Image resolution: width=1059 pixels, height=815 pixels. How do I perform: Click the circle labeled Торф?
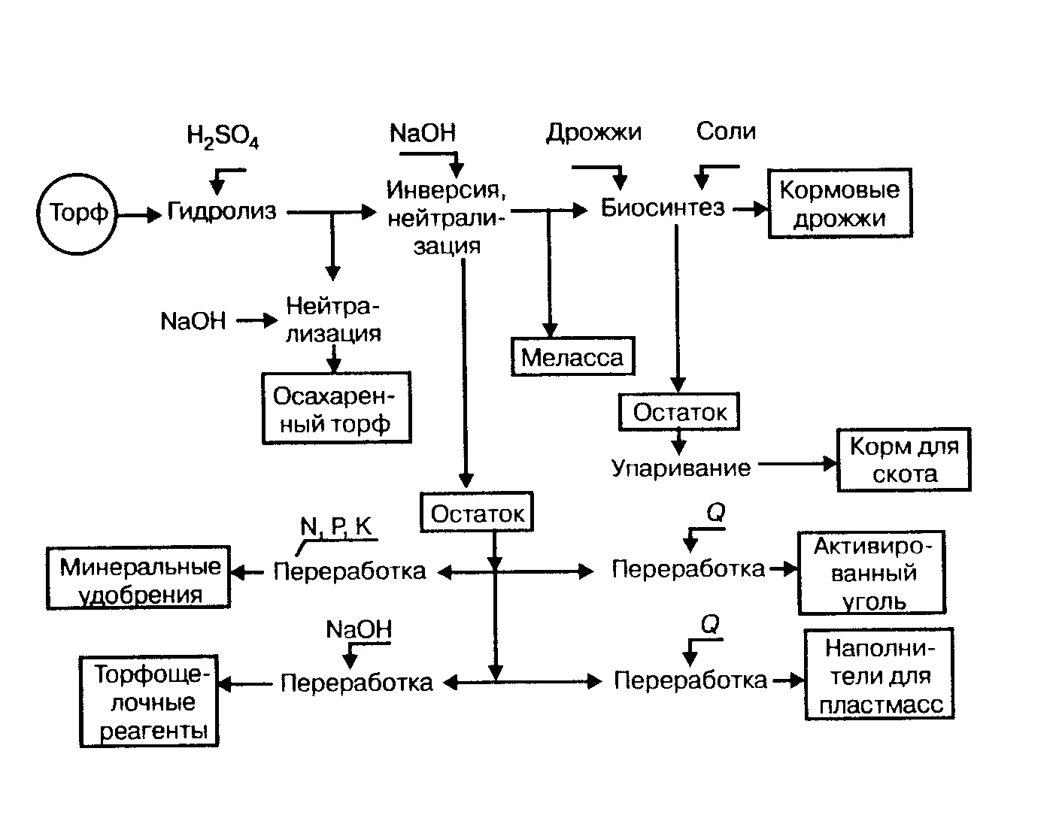pyautogui.click(x=78, y=214)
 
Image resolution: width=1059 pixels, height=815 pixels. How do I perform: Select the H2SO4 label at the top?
pyautogui.click(x=222, y=138)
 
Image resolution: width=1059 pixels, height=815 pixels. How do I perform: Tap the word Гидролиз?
pyautogui.click(x=222, y=212)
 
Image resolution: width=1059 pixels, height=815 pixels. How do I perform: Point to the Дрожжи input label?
pyautogui.click(x=593, y=132)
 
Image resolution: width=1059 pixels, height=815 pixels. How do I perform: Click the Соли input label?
pyautogui.click(x=725, y=132)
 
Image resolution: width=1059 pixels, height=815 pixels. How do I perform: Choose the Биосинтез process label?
pyautogui.click(x=662, y=208)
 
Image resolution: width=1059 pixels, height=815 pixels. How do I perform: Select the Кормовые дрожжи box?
pyautogui.click(x=839, y=204)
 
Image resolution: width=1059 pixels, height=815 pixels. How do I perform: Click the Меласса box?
pyautogui.click(x=572, y=357)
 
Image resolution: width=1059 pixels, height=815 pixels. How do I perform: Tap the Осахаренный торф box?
pyautogui.click(x=336, y=408)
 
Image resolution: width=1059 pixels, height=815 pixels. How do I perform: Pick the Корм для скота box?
pyautogui.click(x=903, y=460)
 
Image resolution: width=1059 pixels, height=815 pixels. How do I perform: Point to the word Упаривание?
pyautogui.click(x=681, y=468)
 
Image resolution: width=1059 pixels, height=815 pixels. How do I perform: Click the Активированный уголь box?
pyautogui.click(x=871, y=573)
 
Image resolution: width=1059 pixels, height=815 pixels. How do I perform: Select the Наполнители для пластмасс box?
pyautogui.click(x=878, y=675)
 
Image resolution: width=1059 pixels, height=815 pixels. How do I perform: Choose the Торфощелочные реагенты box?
pyautogui.click(x=148, y=702)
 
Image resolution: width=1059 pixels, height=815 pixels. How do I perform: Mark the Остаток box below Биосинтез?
pyautogui.click(x=679, y=412)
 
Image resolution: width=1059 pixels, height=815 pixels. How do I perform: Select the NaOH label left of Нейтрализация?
pyautogui.click(x=193, y=322)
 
